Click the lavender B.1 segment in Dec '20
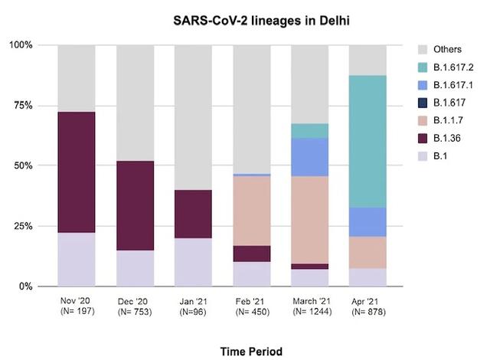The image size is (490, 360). point(135,268)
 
